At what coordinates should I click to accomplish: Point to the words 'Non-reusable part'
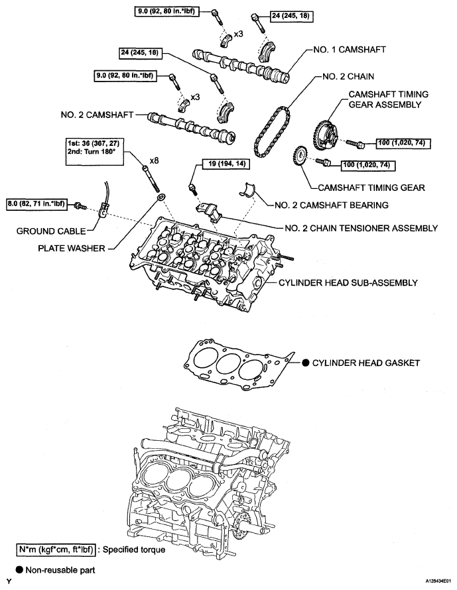[x=52, y=569]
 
